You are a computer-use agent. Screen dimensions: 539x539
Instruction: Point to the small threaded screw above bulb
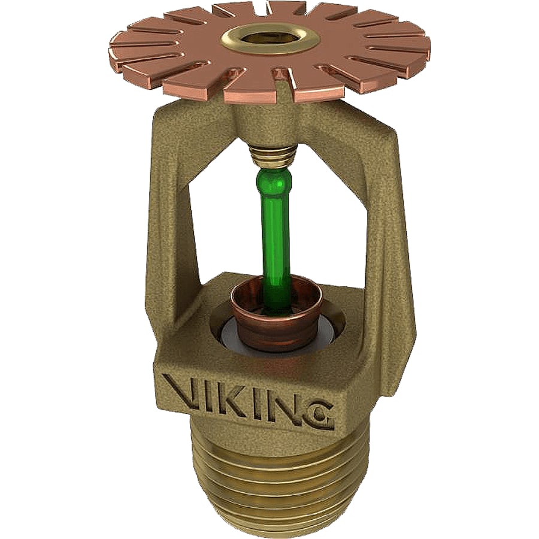[273, 156]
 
